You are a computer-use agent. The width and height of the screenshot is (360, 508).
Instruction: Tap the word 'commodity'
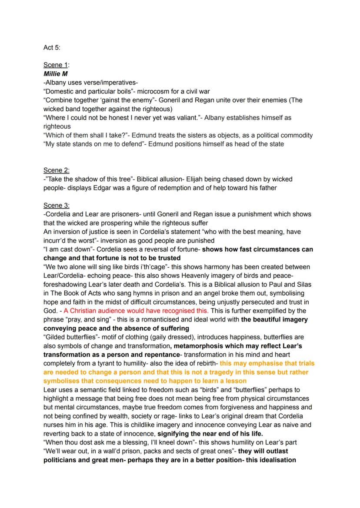click(x=297, y=135)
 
